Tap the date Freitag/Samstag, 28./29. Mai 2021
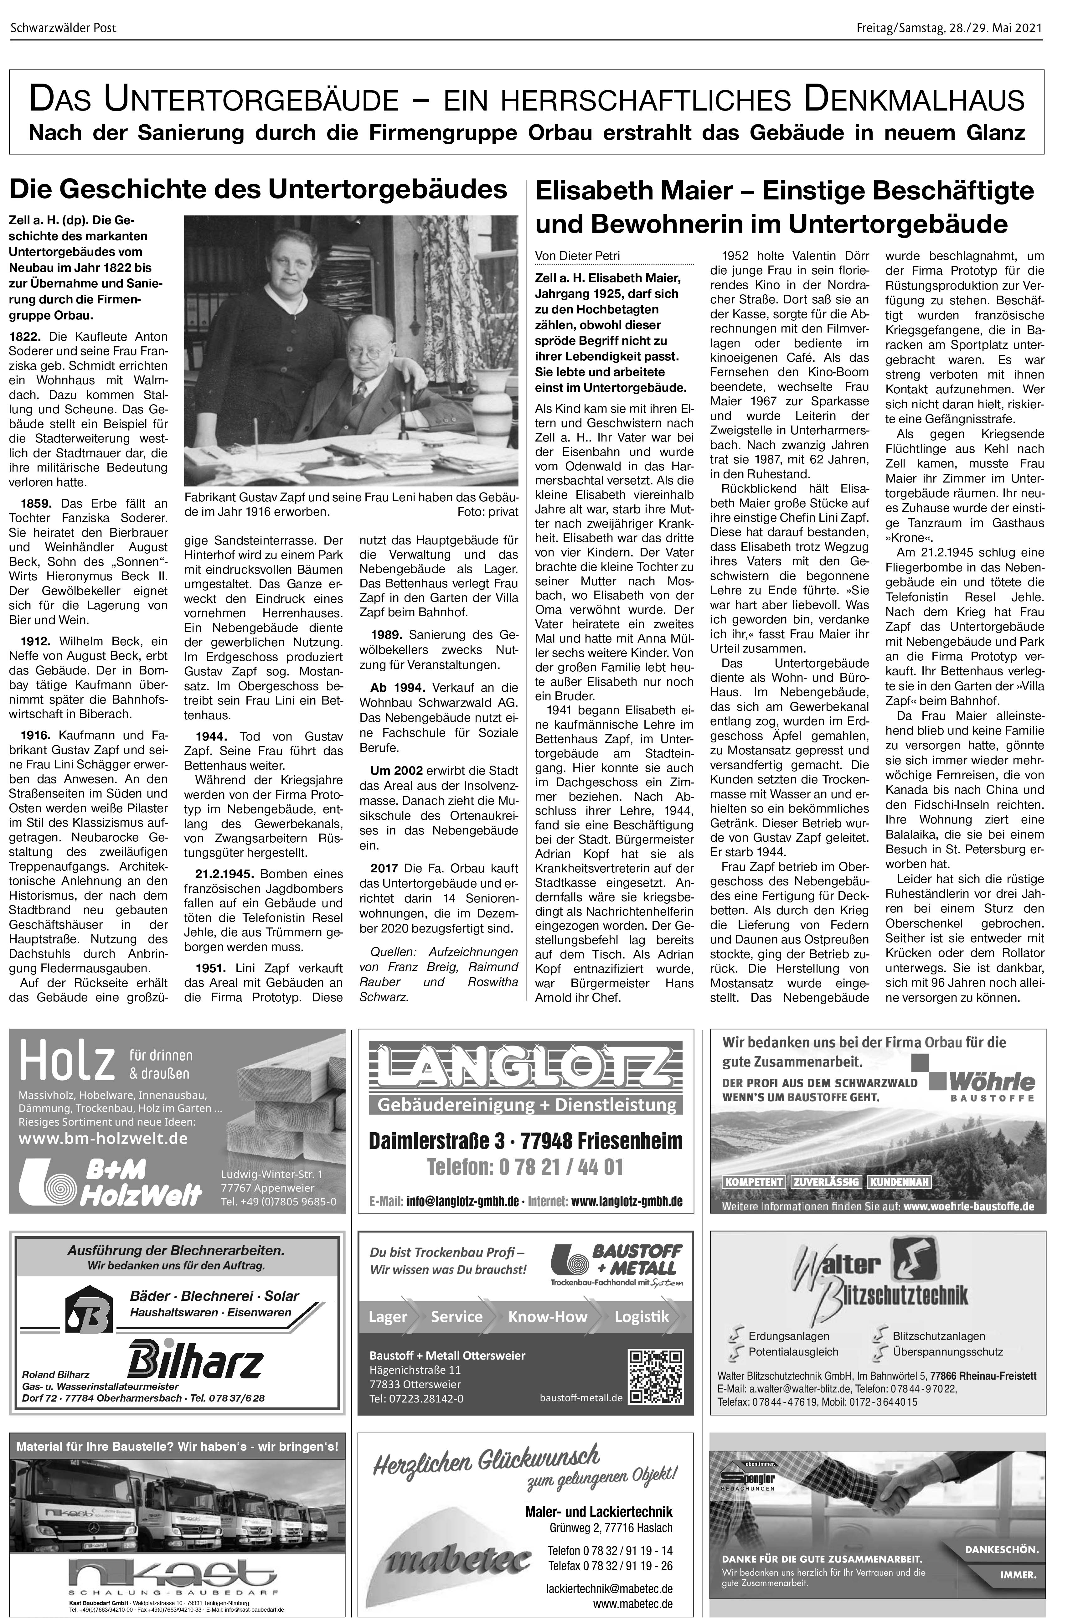click(x=949, y=28)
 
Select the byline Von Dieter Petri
click(x=577, y=256)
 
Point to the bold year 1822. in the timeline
click(x=25, y=336)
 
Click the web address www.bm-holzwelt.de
click(x=103, y=1138)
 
